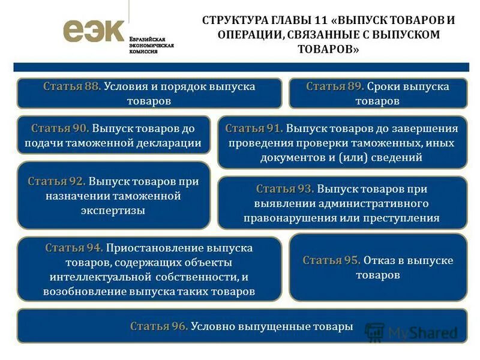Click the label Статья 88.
(71, 86)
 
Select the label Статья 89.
(335, 86)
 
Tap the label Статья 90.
(60, 128)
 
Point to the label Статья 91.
(254, 128)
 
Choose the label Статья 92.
(56, 181)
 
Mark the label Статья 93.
(285, 189)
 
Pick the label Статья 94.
(73, 247)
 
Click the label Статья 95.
(331, 260)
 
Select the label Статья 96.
(159, 326)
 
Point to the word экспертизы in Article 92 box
(113, 210)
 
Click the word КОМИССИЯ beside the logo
(143, 52)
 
